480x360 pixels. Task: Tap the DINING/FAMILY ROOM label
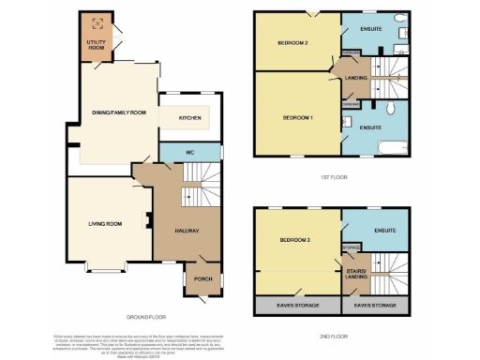(x=119, y=112)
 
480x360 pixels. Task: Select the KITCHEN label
(x=190, y=118)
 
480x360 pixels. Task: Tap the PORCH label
(x=202, y=278)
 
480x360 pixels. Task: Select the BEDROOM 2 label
(x=292, y=44)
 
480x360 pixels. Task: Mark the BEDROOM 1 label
(x=298, y=118)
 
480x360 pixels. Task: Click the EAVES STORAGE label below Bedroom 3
(x=295, y=306)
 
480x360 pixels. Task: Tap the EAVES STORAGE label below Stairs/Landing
(x=375, y=306)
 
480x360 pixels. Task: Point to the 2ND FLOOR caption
(x=334, y=334)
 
